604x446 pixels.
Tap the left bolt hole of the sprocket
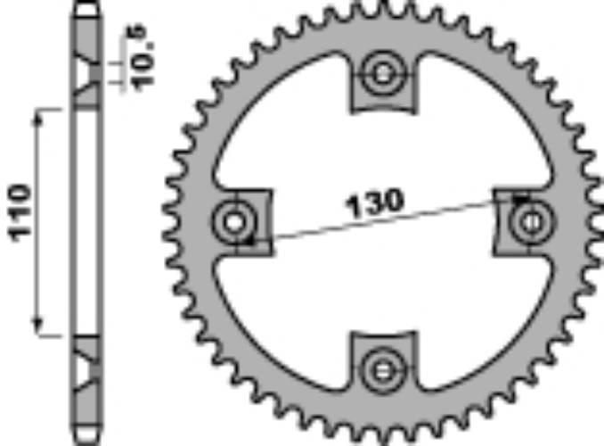pos(235,220)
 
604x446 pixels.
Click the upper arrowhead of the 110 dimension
pos(38,116)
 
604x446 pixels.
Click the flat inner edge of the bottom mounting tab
pos(383,337)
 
